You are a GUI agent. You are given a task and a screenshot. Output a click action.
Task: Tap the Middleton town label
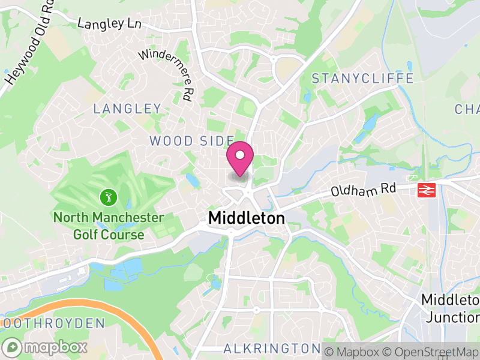click(246, 219)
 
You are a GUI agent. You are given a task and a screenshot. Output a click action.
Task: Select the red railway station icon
click(426, 190)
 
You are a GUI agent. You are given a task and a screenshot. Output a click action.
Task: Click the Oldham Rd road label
click(364, 190)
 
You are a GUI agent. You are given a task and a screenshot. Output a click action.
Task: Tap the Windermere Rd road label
click(168, 73)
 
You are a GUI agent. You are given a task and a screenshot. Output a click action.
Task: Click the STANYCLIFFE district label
click(363, 79)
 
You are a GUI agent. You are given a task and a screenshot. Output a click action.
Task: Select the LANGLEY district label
click(127, 109)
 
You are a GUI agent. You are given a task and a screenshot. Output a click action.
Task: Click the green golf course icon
click(108, 196)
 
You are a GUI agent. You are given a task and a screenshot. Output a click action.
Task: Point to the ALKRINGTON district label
click(272, 349)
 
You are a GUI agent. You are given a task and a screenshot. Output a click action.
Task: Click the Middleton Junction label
click(450, 307)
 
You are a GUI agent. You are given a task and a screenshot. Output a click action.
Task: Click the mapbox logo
click(45, 347)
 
